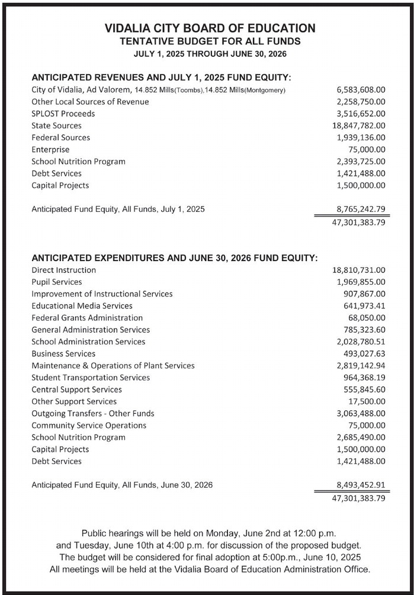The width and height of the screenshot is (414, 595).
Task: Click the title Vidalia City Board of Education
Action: [x=210, y=28]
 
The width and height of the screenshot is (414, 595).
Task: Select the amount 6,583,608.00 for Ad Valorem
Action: [x=361, y=90]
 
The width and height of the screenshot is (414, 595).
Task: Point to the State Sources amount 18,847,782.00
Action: [x=358, y=126]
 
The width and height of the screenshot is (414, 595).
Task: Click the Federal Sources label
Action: [x=60, y=137]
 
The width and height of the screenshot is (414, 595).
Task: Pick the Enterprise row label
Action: [x=50, y=150]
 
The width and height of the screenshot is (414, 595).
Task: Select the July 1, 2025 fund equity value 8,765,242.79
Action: [x=361, y=209]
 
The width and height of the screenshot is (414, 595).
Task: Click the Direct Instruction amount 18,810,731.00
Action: [x=358, y=270]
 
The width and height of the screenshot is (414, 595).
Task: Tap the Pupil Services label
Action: [x=57, y=282]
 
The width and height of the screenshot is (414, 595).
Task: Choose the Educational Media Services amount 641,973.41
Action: [x=364, y=305]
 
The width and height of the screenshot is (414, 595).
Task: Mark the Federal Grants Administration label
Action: [x=87, y=317]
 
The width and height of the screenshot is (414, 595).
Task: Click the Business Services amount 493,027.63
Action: [x=364, y=353]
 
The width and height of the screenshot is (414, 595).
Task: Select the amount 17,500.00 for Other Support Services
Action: [x=367, y=401]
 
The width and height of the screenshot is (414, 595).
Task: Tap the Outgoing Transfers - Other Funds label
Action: [x=92, y=413]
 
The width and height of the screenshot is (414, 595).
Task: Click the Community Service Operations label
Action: [x=89, y=425]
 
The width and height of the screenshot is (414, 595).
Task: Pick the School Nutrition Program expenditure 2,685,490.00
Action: [x=361, y=437]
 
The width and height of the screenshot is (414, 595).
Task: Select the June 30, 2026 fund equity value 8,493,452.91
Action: [x=361, y=485]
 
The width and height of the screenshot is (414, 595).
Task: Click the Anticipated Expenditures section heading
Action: [x=174, y=258]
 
